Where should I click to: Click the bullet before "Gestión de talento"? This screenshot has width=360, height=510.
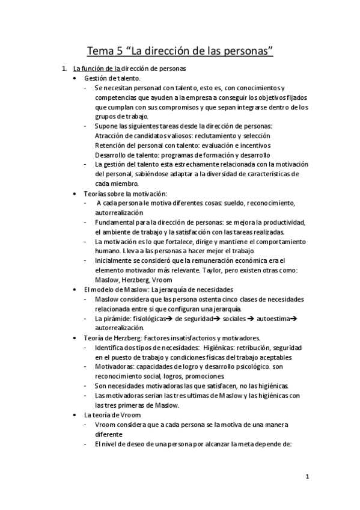[74, 78]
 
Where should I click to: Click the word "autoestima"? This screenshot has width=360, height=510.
[274, 318]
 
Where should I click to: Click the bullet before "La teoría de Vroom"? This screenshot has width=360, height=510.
[74, 415]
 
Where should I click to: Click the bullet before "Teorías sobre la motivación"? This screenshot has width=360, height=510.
[74, 194]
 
